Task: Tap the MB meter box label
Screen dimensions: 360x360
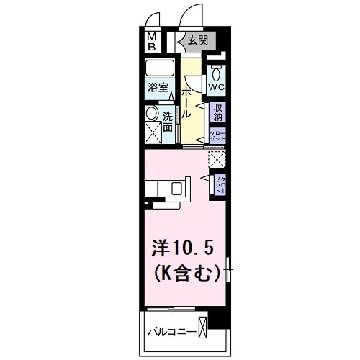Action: pos(153,41)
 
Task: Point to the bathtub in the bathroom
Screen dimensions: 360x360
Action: pos(160,70)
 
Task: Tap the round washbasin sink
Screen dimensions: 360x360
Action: pos(152,114)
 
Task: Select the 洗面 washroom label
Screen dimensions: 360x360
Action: pos(167,122)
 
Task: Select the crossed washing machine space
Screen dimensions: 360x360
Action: pos(153,133)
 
